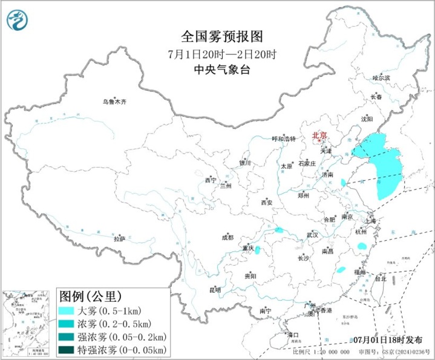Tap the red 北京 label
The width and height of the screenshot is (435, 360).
click(x=319, y=136)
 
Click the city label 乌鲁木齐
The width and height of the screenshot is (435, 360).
click(x=114, y=102)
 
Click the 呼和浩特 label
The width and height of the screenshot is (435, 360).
click(x=283, y=139)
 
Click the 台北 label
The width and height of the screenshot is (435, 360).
click(x=380, y=280)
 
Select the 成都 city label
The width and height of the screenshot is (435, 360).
click(x=227, y=237)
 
